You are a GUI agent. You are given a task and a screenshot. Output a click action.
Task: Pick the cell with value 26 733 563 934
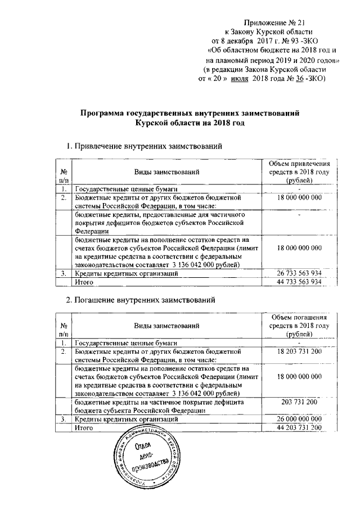299,273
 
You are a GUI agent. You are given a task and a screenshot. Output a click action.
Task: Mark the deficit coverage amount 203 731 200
299,402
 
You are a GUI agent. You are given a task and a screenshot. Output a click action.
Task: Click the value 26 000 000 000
299,419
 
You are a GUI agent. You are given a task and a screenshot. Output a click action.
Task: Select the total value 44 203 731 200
299,428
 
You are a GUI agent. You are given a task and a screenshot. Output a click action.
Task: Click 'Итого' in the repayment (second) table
84,428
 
